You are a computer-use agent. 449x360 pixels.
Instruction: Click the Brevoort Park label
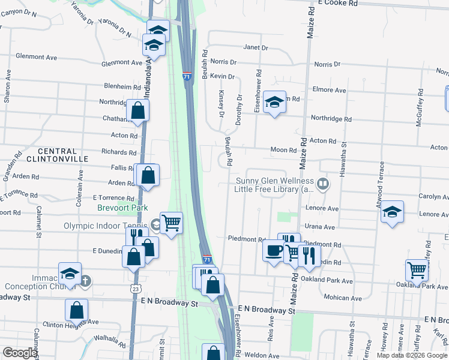[x=122, y=208]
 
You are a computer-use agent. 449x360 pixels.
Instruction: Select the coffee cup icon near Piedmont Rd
[x=274, y=250]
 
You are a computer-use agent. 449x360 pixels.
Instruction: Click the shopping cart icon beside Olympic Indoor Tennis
[x=171, y=223]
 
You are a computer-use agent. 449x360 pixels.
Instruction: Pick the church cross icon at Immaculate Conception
[x=85, y=280]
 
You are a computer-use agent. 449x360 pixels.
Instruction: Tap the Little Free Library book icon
[x=324, y=184]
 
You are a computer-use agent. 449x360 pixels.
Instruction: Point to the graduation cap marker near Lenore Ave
[x=392, y=212]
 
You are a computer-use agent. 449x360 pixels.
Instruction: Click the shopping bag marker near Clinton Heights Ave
[x=76, y=310]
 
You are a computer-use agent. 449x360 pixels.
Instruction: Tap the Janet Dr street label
[x=255, y=47]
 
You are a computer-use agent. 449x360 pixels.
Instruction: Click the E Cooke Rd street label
[x=338, y=3]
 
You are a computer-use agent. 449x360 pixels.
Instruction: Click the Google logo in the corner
[x=19, y=353]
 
